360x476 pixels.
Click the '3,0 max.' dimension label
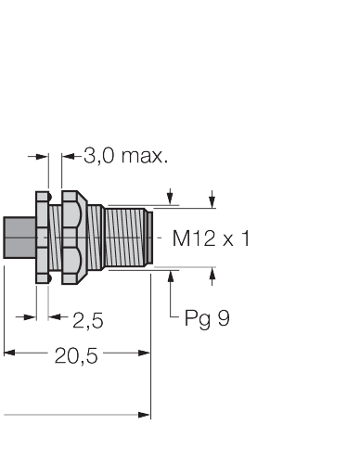point(125,156)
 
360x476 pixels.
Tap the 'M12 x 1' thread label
point(212,238)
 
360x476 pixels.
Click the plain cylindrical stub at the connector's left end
point(19,238)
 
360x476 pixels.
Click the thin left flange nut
point(42,238)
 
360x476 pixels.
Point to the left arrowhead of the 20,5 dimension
point(9,353)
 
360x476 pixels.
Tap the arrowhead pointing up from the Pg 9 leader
point(173,275)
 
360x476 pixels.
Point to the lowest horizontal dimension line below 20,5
point(74,414)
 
